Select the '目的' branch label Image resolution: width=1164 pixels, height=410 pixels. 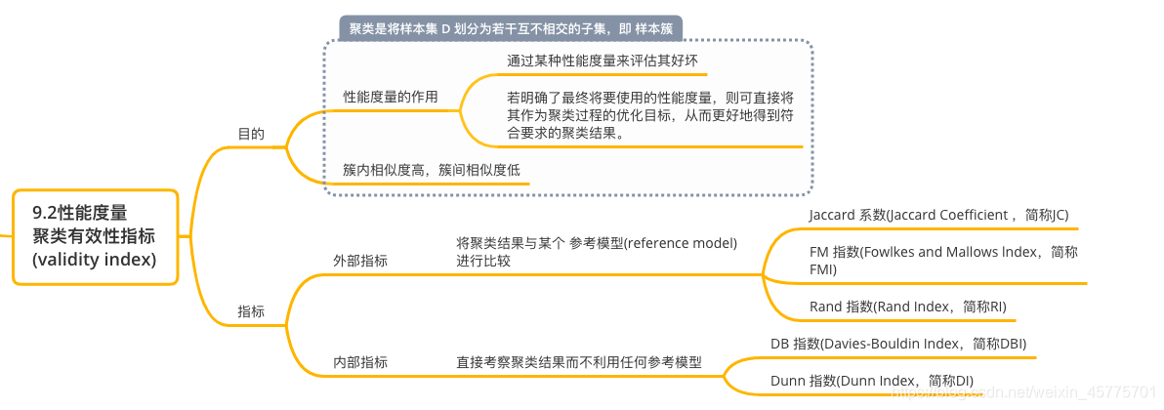coord(251,134)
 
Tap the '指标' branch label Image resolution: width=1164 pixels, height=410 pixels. coord(251,311)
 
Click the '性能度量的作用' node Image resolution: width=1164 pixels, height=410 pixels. coord(390,98)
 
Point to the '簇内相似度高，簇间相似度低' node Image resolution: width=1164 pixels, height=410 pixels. coord(431,170)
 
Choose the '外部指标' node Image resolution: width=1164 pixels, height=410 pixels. coord(360,261)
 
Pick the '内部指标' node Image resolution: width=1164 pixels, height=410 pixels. coord(360,362)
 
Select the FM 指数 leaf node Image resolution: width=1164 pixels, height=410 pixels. coord(943,260)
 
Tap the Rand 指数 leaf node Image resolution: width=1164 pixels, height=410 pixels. coord(907,307)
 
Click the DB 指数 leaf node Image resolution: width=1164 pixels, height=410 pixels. coord(897,344)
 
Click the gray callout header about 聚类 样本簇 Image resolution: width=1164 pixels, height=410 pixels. coord(511,28)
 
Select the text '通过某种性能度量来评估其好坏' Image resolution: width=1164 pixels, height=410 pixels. coord(602,61)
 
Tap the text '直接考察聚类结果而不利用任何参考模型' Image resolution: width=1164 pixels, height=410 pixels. coord(578,362)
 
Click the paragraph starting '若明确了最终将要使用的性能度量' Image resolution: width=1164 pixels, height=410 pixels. coord(649,115)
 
